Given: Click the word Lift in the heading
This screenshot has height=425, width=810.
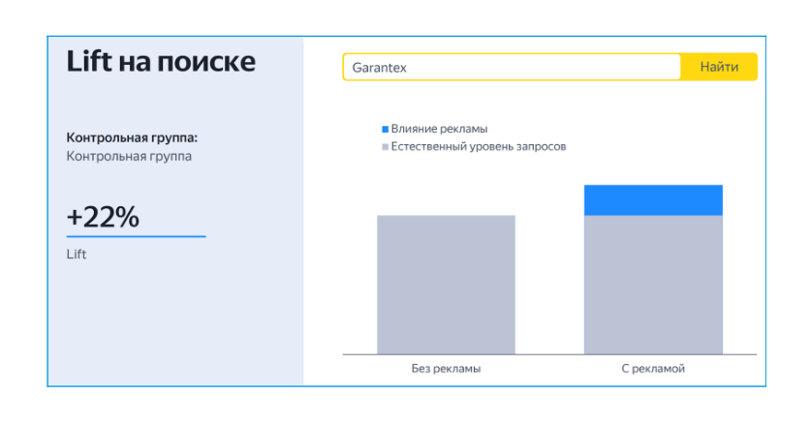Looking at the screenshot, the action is click(x=89, y=61).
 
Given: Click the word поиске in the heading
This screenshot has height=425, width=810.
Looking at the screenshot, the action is click(x=206, y=62).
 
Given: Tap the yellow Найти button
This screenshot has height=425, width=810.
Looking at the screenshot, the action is click(x=719, y=67).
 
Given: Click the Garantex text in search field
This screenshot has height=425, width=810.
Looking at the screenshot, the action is click(x=379, y=68).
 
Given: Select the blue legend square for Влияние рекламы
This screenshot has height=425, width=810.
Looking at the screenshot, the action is click(x=385, y=129).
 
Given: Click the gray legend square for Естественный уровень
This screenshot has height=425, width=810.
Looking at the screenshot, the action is click(x=385, y=146).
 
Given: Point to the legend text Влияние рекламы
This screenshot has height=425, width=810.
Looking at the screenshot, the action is click(x=439, y=129).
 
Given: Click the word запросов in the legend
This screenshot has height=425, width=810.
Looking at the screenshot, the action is click(x=540, y=147).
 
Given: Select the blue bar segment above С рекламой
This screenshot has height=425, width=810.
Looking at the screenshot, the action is click(x=653, y=199).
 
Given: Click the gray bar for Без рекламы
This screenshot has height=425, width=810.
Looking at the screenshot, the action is click(x=446, y=285).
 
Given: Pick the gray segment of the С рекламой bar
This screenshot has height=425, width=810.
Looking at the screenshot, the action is click(x=653, y=285).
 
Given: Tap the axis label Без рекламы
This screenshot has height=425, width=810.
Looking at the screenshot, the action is click(x=446, y=369).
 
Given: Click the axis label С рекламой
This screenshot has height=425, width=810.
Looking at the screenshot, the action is click(x=653, y=369).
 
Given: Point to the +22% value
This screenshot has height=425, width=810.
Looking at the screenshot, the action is click(x=103, y=217).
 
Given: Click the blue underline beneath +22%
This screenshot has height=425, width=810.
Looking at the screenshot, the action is click(x=137, y=236).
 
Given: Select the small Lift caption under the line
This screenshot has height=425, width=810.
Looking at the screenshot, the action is click(x=77, y=254).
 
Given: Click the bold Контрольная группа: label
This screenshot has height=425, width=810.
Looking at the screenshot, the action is click(x=132, y=137).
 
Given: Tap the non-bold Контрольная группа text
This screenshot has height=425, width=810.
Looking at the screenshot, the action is click(x=129, y=157).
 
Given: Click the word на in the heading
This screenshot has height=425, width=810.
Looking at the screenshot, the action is click(x=135, y=64).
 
